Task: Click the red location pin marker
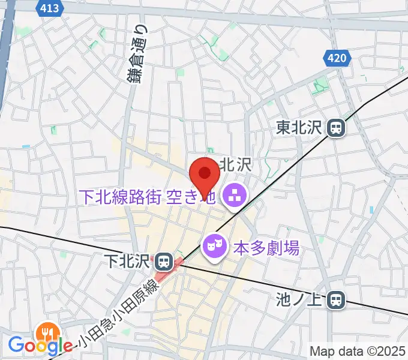[205, 175]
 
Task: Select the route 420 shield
[337, 58]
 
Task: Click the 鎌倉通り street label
[138, 55]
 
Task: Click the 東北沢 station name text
[300, 127]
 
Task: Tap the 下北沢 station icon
[163, 262]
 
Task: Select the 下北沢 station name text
[127, 262]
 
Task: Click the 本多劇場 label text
[266, 247]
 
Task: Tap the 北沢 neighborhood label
[236, 164]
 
